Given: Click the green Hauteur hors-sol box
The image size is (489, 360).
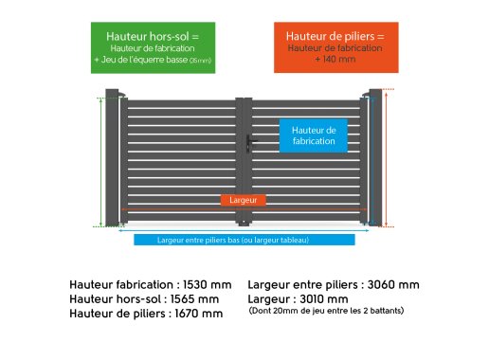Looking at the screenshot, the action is [x=153, y=47].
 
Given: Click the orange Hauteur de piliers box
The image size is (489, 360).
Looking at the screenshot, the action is [x=336, y=47].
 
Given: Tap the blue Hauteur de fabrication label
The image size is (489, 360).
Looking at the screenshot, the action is [x=314, y=135].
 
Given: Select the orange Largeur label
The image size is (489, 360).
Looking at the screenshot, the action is [x=244, y=200].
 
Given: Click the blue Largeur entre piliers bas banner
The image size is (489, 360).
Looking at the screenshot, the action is [x=244, y=240].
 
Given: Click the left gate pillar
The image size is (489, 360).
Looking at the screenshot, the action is [x=112, y=157].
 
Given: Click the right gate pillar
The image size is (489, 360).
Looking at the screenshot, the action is [x=375, y=157].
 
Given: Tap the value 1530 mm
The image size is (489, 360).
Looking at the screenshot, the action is [x=208, y=284].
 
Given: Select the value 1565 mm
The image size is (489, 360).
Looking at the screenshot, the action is [x=194, y=299].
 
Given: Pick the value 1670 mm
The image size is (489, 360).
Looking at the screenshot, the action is [x=199, y=314].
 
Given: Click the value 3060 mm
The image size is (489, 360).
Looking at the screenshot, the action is [x=393, y=284].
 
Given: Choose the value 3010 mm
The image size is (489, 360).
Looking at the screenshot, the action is [x=324, y=299].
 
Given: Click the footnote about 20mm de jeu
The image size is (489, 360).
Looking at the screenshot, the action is [x=326, y=311].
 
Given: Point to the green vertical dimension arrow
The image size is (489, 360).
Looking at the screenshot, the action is [x=100, y=162].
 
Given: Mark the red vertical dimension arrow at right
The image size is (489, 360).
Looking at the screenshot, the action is [x=386, y=158].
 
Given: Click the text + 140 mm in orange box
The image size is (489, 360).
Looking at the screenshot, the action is [x=335, y=59].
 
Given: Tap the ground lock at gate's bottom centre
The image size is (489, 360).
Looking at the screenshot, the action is [x=244, y=224].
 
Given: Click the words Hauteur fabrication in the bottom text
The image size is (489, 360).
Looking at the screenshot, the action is [x=121, y=284].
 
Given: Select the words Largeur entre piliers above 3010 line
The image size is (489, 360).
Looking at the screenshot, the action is [x=303, y=284].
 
